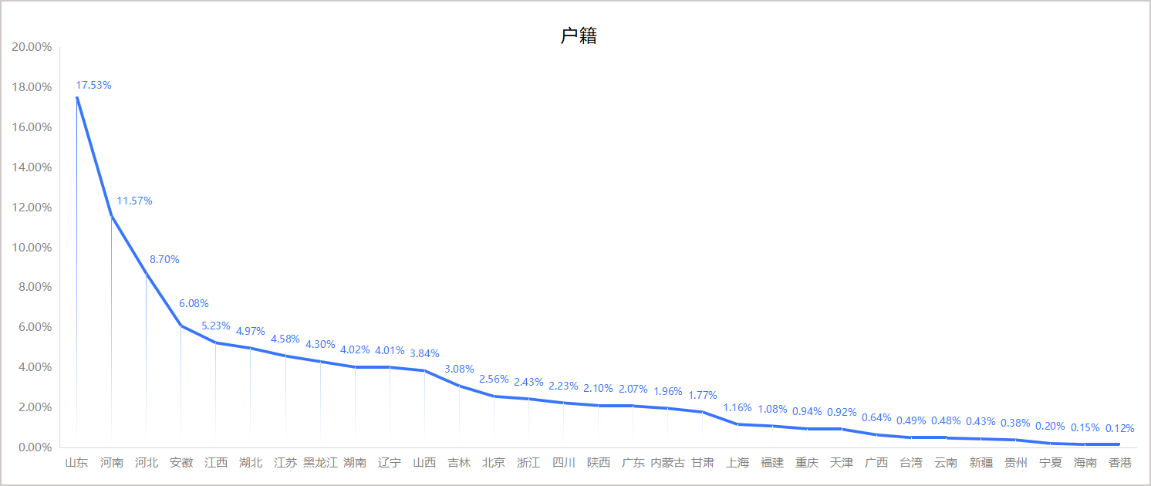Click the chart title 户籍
pyautogui.click(x=579, y=36)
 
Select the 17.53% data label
pyautogui.click(x=93, y=86)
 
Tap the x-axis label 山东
pyautogui.click(x=76, y=463)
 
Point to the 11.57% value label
pyautogui.click(x=134, y=201)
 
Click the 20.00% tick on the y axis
pyautogui.click(x=32, y=47)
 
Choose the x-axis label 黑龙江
pyautogui.click(x=320, y=463)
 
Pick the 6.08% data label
pyautogui.click(x=194, y=304)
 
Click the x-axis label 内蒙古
pyautogui.click(x=667, y=463)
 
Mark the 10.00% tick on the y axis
pyautogui.click(x=32, y=248)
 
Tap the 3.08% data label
pyautogui.click(x=459, y=370)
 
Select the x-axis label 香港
pyautogui.click(x=1119, y=463)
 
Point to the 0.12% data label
pyautogui.click(x=1119, y=428)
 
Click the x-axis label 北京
pyautogui.click(x=494, y=463)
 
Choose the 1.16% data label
pyautogui.click(x=737, y=408)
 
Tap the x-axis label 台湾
pyautogui.click(x=911, y=463)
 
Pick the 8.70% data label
pyautogui.click(x=164, y=260)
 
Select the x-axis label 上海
pyautogui.click(x=738, y=463)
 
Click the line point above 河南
pyautogui.click(x=111, y=216)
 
